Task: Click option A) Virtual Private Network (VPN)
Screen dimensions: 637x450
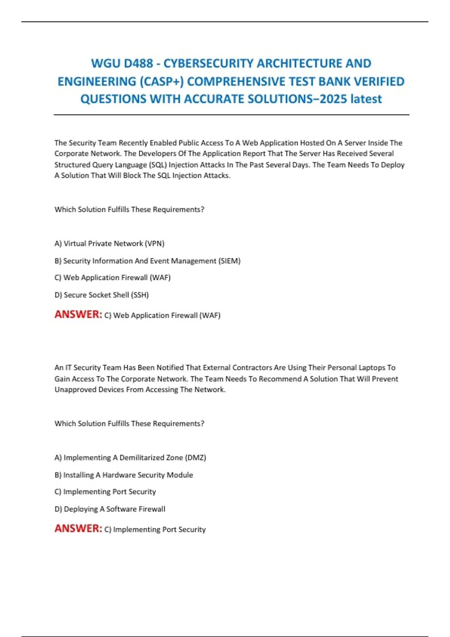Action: click(x=109, y=244)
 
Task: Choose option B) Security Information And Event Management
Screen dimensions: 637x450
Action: click(x=147, y=261)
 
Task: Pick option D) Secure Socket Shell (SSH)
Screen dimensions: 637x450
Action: click(x=102, y=295)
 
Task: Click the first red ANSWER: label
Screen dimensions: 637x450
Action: click(x=78, y=314)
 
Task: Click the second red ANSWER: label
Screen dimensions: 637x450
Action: click(x=78, y=528)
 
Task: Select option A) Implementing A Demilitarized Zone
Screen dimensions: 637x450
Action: click(x=130, y=458)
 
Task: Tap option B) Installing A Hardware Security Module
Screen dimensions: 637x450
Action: click(x=124, y=475)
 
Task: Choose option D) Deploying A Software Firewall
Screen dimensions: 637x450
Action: click(x=110, y=509)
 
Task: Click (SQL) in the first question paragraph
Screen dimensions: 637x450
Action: click(x=158, y=165)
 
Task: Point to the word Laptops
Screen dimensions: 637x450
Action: click(x=372, y=368)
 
